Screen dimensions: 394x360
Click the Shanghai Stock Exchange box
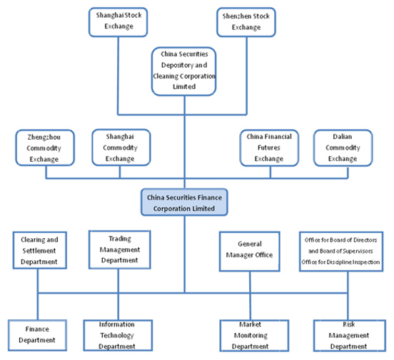[118, 22]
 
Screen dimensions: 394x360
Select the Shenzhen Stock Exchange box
[246, 22]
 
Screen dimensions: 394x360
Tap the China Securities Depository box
[184, 71]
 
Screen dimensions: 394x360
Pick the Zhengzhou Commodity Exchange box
[45, 148]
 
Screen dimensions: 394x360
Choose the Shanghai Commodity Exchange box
[121, 148]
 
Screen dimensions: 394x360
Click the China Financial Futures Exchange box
[269, 148]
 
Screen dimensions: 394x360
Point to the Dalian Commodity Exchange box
[343, 148]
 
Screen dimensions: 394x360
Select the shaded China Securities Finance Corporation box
[184, 202]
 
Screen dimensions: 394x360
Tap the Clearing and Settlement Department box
[40, 250]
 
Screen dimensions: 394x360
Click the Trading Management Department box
[120, 250]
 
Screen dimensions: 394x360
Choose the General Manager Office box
[250, 252]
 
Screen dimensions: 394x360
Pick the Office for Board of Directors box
[341, 252]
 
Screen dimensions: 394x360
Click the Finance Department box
[37, 335]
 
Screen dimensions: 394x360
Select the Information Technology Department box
[118, 335]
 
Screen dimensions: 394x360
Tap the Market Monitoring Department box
[254, 335]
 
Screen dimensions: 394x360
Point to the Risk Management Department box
[350, 335]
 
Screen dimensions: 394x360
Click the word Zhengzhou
[44, 137]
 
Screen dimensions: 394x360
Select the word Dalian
[343, 137]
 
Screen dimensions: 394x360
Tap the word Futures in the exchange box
[269, 148]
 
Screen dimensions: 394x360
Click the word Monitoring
[251, 335]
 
